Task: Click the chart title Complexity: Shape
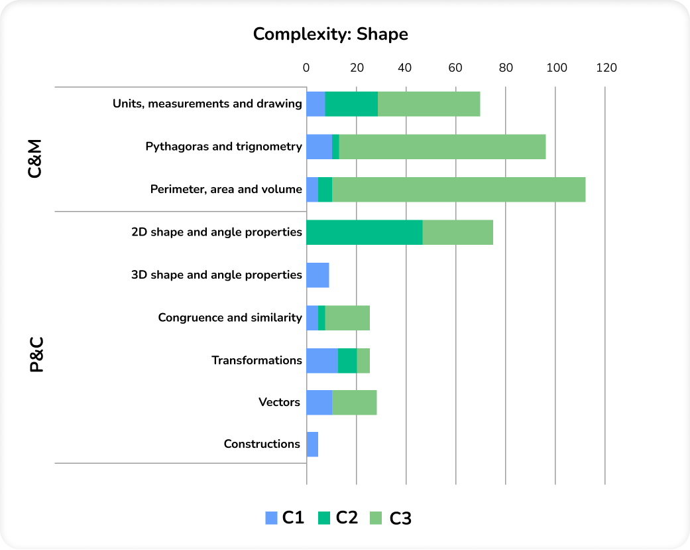coord(331,34)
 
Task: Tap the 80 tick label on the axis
coord(506,68)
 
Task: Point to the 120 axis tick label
coord(606,68)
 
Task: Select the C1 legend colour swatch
coord(271,518)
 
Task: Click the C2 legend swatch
coord(325,518)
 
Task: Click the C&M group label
coord(35,158)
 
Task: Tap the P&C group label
coord(36,354)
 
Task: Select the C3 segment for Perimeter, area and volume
coord(459,189)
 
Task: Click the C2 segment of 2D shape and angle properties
coord(364,232)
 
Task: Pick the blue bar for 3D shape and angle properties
coord(317,275)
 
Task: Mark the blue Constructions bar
coord(312,444)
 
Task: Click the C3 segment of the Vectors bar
coord(354,402)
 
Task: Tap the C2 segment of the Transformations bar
coord(347,360)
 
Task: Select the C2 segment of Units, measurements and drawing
coord(351,104)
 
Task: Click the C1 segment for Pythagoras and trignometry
coord(319,147)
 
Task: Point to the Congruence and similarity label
coord(229,317)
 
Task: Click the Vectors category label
coord(279,402)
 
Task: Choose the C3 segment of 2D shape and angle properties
coord(457,232)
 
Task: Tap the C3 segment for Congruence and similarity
coord(347,318)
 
